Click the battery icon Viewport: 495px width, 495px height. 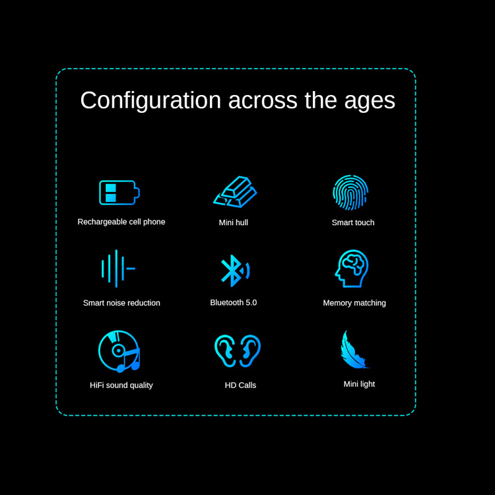(119, 193)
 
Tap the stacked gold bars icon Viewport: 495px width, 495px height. (235, 191)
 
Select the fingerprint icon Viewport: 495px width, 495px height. (350, 192)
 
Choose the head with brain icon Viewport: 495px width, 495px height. (352, 269)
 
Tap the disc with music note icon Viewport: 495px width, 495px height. (119, 351)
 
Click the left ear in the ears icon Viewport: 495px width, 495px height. (225, 350)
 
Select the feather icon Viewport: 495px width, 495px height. (354, 349)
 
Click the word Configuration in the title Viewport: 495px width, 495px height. (150, 101)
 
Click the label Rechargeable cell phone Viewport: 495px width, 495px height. (121, 222)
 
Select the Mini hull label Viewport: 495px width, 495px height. (234, 222)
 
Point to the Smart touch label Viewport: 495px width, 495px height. (353, 222)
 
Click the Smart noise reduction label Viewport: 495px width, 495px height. (121, 303)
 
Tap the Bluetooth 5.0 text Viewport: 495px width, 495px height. (234, 302)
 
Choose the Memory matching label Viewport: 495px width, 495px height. (354, 303)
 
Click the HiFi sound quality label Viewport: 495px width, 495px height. (121, 385)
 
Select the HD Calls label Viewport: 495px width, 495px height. (240, 385)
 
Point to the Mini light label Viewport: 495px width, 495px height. (359, 384)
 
